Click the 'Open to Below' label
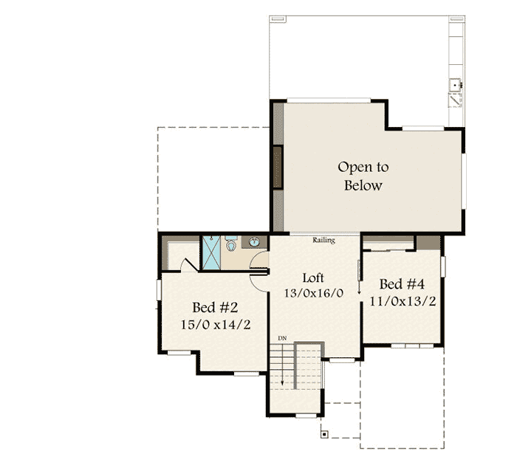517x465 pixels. point(363,176)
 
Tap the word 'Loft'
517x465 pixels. point(313,278)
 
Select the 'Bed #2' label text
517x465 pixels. point(214,307)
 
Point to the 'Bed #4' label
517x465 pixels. point(401,284)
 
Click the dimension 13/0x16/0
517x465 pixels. point(313,293)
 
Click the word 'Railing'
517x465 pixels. point(323,241)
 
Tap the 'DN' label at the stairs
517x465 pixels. point(281,338)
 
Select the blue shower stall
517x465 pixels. point(212,252)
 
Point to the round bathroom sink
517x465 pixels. point(254,242)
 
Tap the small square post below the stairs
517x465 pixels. point(323,434)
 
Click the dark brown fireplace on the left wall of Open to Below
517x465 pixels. point(278,168)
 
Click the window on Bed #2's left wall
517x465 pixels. point(159,289)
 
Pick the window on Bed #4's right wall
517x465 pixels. point(442,266)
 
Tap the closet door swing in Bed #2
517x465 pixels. point(189,263)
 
